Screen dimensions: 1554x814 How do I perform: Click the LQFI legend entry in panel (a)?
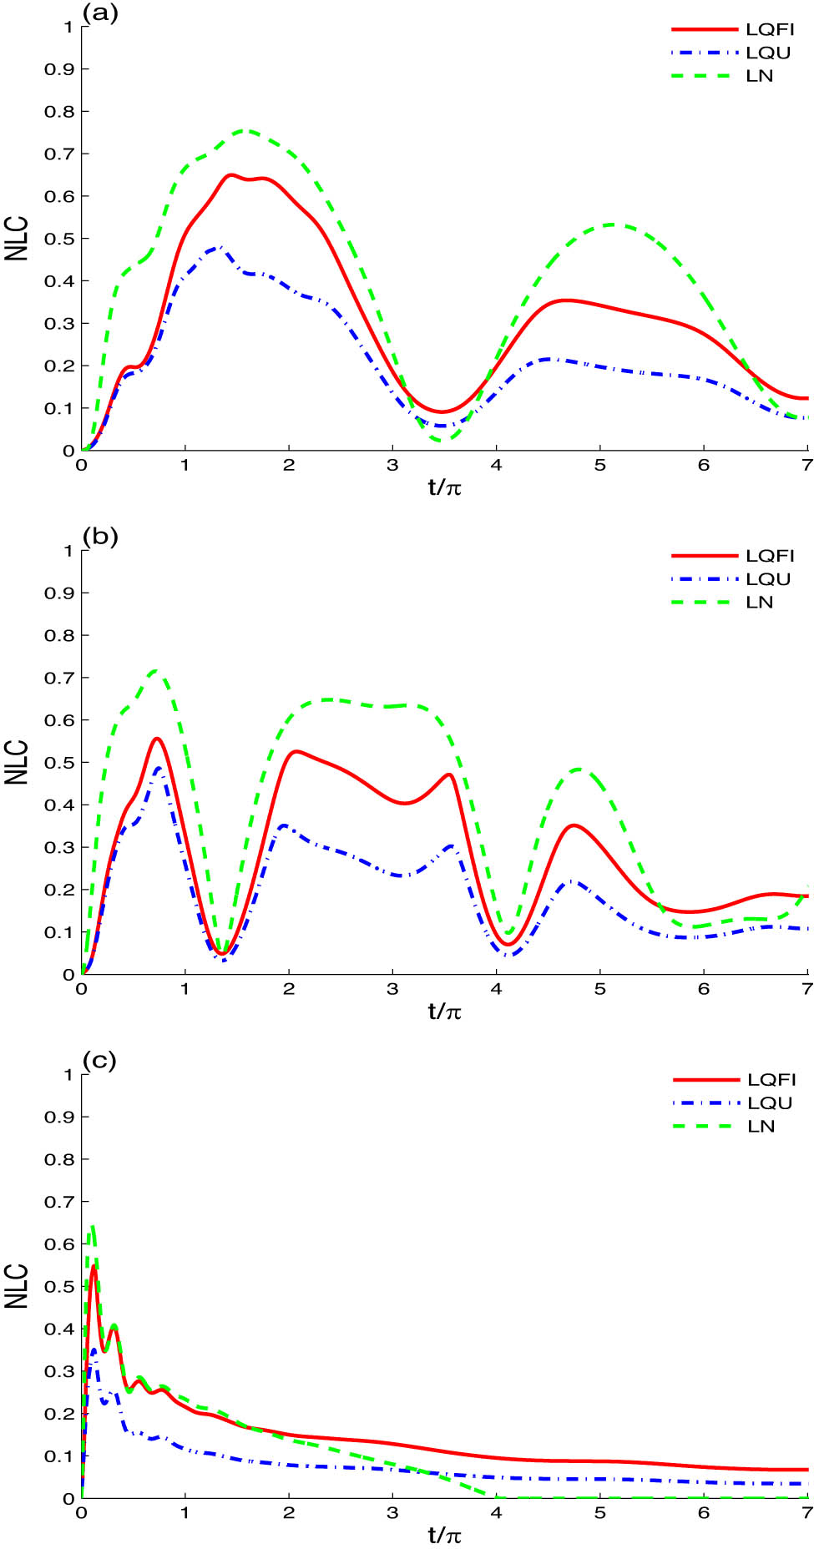coord(769,29)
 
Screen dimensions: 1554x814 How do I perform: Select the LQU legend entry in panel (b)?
coord(767,579)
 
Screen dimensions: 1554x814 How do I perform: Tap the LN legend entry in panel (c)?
coord(761,1127)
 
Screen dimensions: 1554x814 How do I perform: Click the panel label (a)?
coord(100,12)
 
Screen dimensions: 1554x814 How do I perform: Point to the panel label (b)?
coord(100,536)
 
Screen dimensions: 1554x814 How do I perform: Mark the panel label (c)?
coord(99,1061)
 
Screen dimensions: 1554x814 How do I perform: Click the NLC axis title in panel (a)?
coord(17,239)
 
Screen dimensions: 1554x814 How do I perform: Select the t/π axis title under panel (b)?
coord(445,1012)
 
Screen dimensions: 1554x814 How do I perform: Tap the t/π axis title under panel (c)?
coord(445,1536)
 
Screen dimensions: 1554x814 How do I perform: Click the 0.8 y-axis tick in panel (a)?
coord(59,112)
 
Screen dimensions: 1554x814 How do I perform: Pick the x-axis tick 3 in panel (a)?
coord(392,466)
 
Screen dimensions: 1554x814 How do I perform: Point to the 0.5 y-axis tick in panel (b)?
coord(59,763)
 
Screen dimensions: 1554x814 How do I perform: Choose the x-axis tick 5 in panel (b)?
coord(599,990)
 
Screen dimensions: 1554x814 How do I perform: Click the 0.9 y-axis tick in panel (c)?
coord(59,1117)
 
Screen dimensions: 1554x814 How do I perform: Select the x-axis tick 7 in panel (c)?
coord(806,1513)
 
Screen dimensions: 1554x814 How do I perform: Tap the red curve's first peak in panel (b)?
coord(156,739)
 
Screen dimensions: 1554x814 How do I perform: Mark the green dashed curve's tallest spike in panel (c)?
coord(93,1226)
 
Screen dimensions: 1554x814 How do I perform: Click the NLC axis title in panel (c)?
coord(17,1286)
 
